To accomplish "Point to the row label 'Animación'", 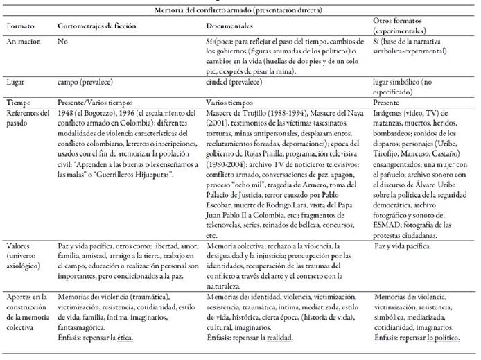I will click(x=24, y=42).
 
